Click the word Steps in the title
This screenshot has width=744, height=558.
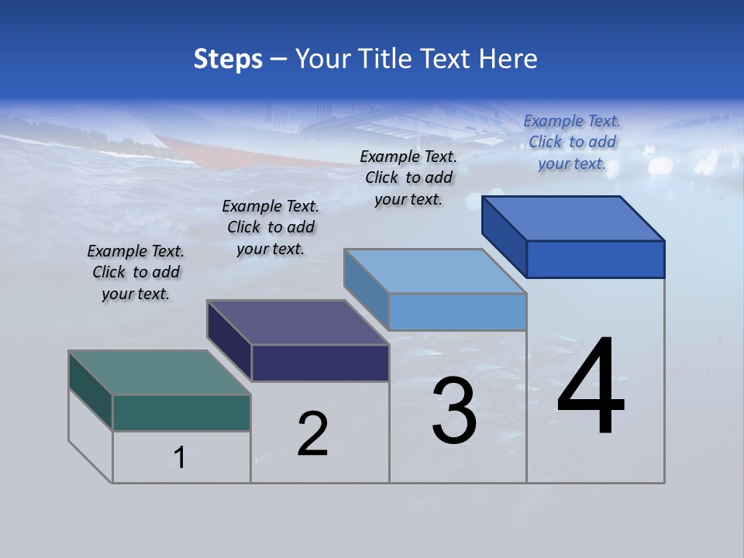coord(228,59)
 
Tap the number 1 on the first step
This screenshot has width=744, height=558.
coord(180,458)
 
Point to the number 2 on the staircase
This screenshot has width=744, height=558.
coord(313,434)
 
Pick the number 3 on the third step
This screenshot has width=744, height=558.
coord(454,411)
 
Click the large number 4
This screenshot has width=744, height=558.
coord(591,387)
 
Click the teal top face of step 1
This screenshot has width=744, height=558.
coord(159,373)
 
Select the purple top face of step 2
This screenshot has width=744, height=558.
coord(298,322)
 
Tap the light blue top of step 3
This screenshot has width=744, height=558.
coord(436,271)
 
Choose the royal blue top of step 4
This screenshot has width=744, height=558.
coord(573,219)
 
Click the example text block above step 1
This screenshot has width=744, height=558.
coord(136,272)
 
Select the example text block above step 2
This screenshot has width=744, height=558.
coord(270,227)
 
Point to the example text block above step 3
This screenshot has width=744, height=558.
coord(408,177)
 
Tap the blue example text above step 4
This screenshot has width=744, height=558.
coord(572,142)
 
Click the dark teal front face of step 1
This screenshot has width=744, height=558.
coord(181,412)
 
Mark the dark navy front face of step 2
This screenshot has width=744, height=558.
coord(320,363)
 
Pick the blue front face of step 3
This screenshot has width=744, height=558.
coord(457,312)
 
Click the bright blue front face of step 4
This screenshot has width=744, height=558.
coord(595,259)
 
